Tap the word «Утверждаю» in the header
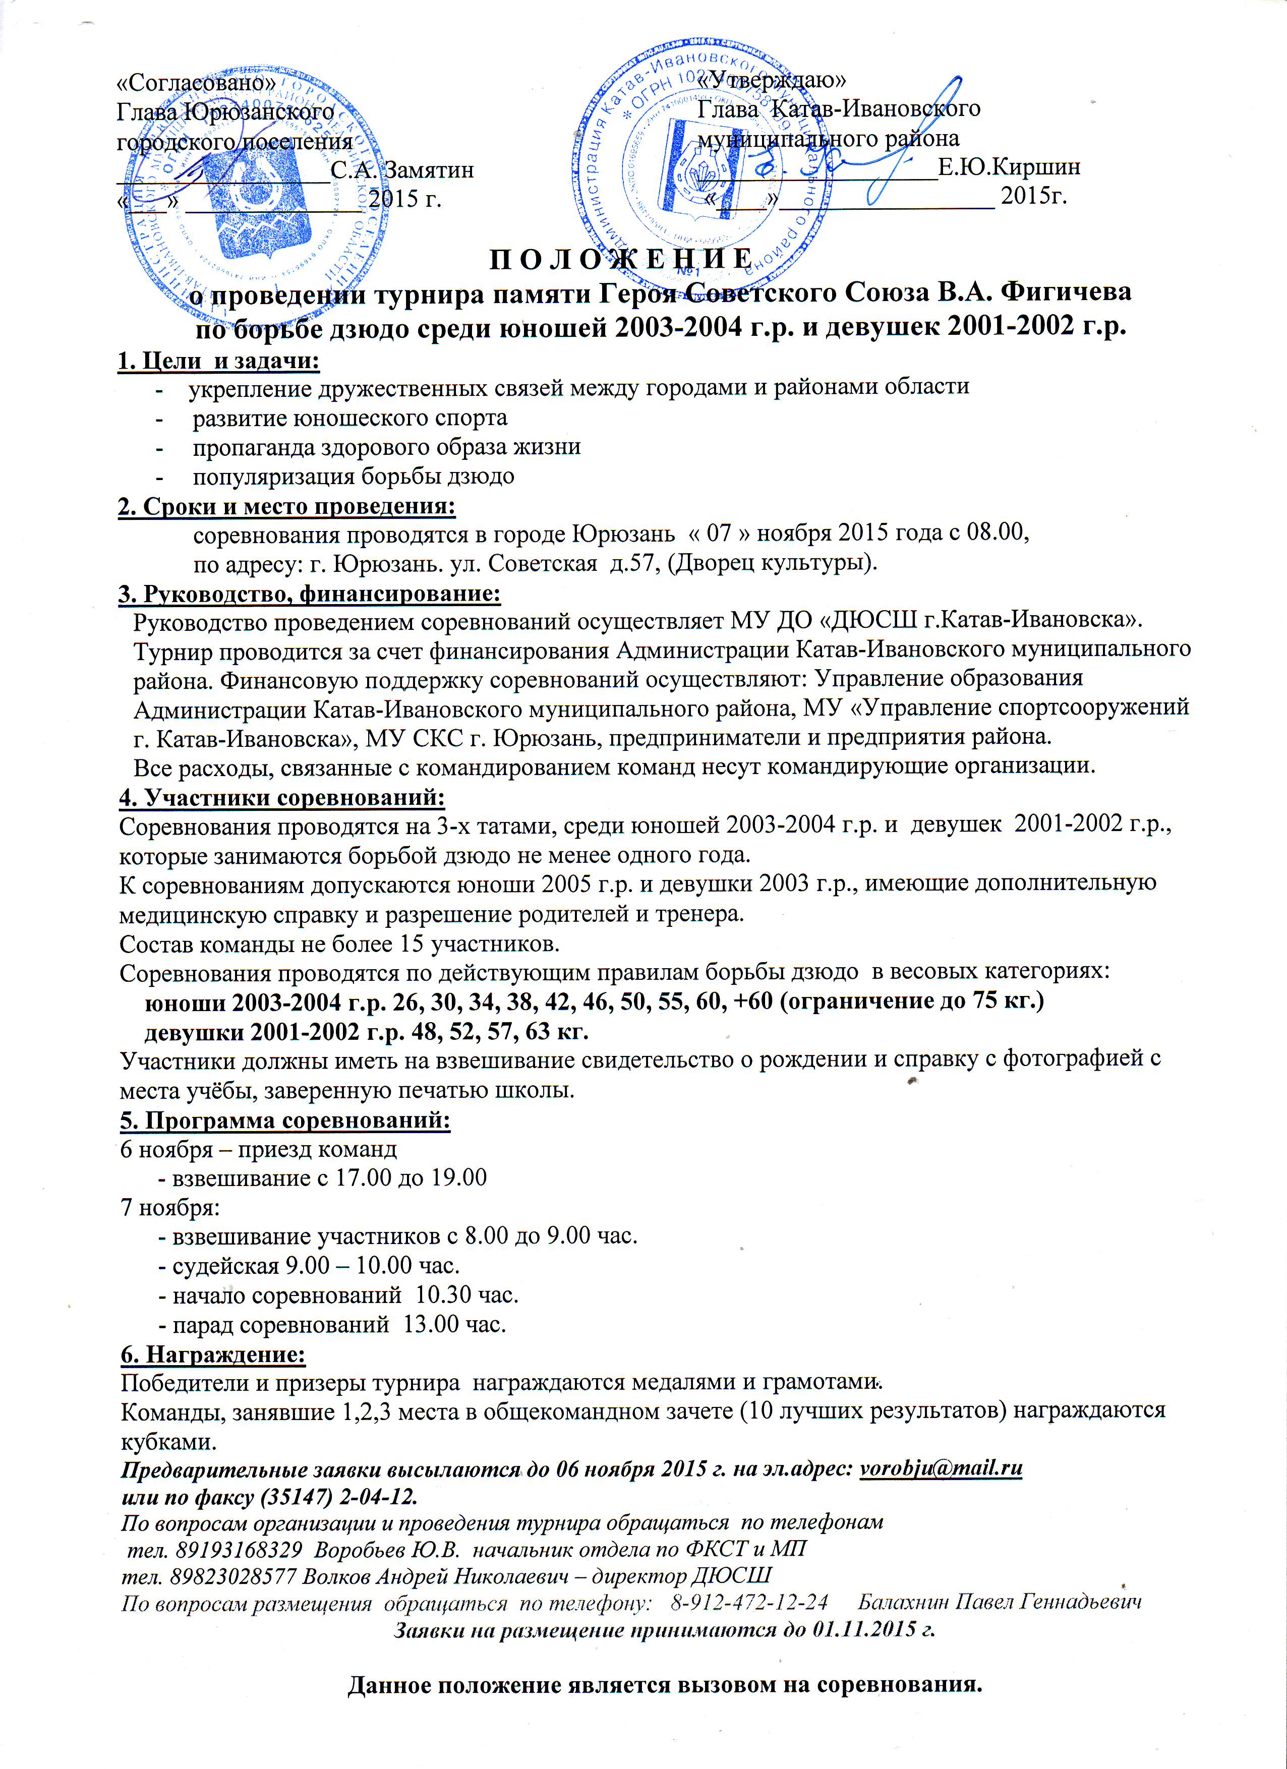pos(772,80)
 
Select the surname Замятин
pos(429,169)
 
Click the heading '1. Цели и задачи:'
pos(218,361)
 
